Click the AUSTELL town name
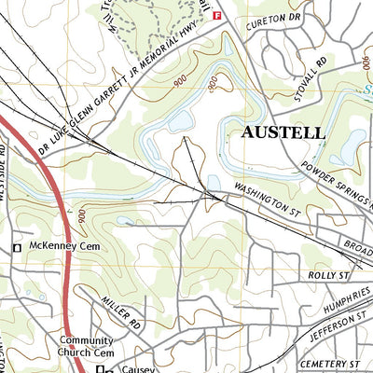click(283, 132)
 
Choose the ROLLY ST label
click(327, 276)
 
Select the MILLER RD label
click(122, 311)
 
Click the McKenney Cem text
click(62, 247)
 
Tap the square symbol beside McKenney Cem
click(16, 247)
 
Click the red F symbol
click(217, 16)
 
